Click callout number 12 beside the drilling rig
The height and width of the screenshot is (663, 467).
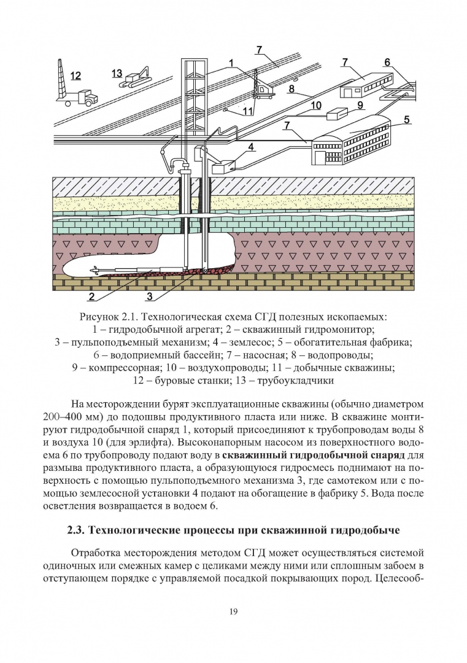tap(75, 76)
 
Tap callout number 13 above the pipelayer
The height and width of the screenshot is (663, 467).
tap(117, 74)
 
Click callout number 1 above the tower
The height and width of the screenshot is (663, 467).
tap(231, 63)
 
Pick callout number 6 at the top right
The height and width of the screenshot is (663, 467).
tap(387, 63)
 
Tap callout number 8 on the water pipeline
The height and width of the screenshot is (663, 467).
tap(291, 89)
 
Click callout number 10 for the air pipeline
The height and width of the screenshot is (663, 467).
tap(315, 105)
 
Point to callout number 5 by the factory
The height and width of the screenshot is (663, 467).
tap(407, 120)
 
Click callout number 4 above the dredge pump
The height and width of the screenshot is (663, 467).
tap(251, 147)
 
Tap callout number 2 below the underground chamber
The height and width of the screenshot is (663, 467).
tap(91, 297)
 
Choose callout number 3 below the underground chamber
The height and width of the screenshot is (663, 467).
tap(149, 297)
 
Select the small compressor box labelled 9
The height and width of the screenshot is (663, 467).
tap(337, 114)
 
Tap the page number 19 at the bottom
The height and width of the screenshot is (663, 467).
tap(233, 611)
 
